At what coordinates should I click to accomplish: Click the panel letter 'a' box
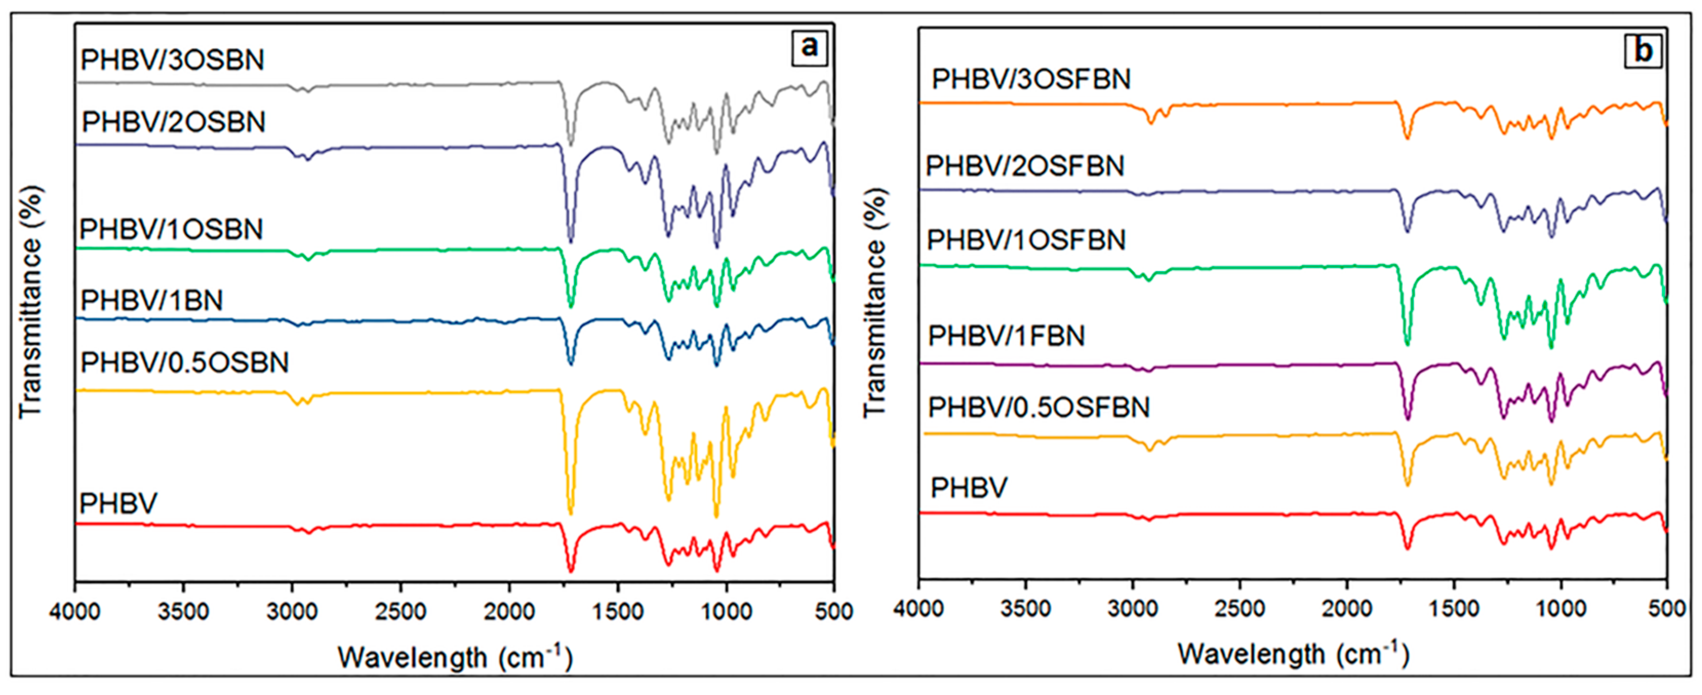tap(809, 48)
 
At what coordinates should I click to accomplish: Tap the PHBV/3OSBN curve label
tap(172, 60)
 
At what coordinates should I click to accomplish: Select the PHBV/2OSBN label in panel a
tap(173, 122)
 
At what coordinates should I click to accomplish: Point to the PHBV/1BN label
tap(151, 300)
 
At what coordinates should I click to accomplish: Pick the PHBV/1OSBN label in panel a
tap(171, 229)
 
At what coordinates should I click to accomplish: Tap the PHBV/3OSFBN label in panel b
tap(1031, 79)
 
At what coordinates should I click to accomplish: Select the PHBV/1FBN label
tap(1006, 336)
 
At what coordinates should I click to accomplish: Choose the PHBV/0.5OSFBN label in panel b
tap(1038, 407)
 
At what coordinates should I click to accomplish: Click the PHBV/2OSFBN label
tap(1025, 165)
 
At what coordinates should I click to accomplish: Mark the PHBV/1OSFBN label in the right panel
tap(1026, 239)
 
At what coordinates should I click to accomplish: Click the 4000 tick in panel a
tap(75, 611)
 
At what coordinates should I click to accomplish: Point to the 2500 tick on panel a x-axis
tap(401, 611)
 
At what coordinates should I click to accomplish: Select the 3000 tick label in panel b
tap(1132, 608)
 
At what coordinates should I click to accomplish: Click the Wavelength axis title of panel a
tap(454, 658)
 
